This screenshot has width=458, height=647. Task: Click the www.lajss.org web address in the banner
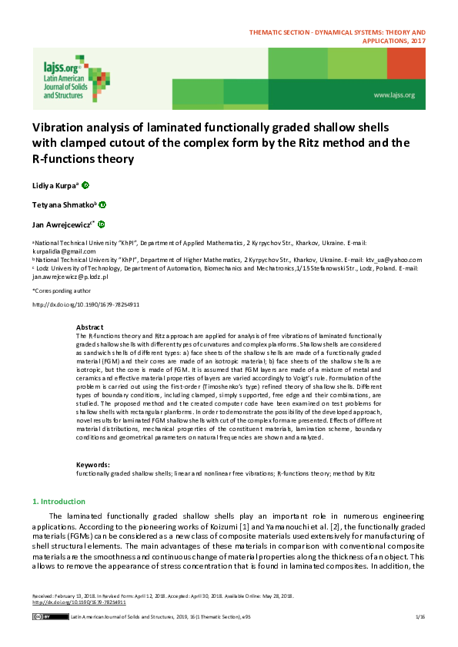click(393, 95)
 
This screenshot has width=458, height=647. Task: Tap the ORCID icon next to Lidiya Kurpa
click(85, 184)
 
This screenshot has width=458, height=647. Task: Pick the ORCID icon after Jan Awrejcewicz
click(101, 224)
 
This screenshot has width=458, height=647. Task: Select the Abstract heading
click(89, 327)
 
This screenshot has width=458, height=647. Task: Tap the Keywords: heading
click(92, 465)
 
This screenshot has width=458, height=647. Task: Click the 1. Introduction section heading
click(63, 502)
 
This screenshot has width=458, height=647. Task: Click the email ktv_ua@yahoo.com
click(394, 260)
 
